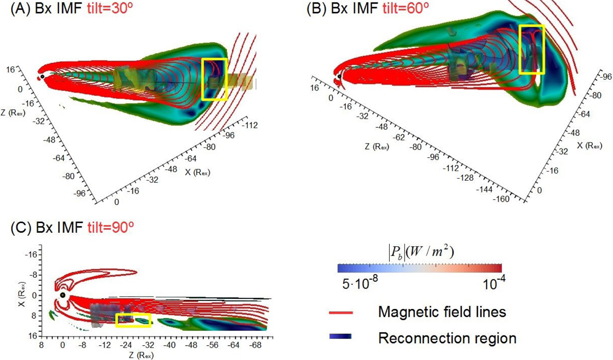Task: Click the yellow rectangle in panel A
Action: (214, 79)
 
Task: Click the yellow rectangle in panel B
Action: (532, 49)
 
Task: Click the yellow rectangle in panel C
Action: (133, 320)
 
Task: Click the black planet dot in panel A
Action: (42, 77)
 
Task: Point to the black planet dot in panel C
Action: (62, 295)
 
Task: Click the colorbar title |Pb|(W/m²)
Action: (420, 252)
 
